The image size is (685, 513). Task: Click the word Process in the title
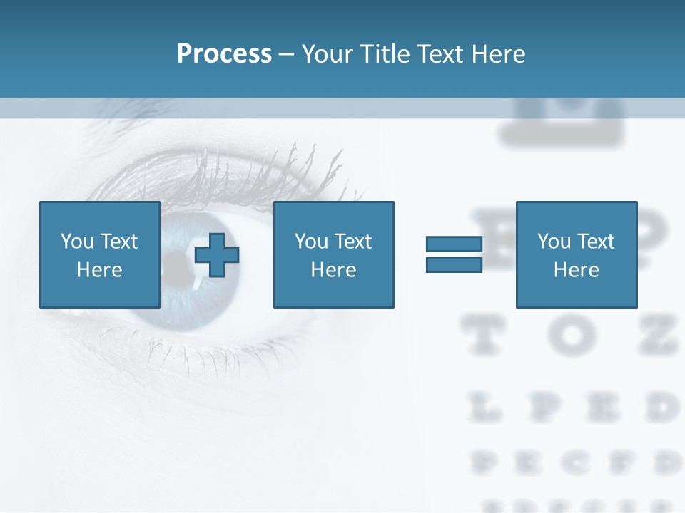224,54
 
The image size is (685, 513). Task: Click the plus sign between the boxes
217,254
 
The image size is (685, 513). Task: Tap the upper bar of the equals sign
454,244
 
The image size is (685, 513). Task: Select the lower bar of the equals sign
454,264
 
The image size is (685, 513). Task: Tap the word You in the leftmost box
77,242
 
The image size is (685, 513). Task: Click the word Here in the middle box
333,270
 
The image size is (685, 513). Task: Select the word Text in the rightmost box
595,242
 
